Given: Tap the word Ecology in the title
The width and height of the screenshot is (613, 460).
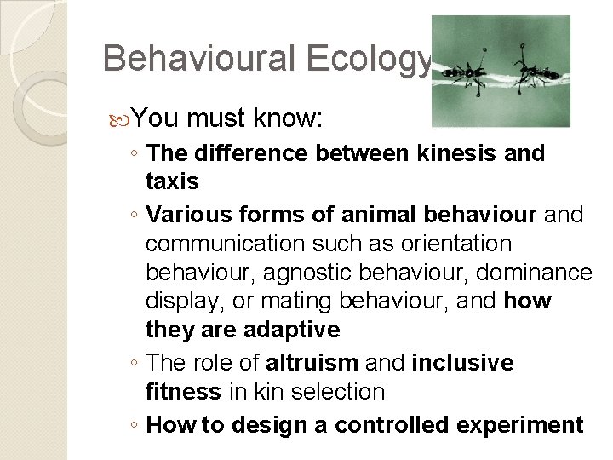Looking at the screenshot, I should pyautogui.click(x=375, y=58).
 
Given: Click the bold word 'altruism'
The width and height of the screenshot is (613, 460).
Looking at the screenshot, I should pyautogui.click(x=312, y=364).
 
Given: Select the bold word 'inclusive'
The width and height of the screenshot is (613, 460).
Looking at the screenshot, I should pyautogui.click(x=462, y=364).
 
